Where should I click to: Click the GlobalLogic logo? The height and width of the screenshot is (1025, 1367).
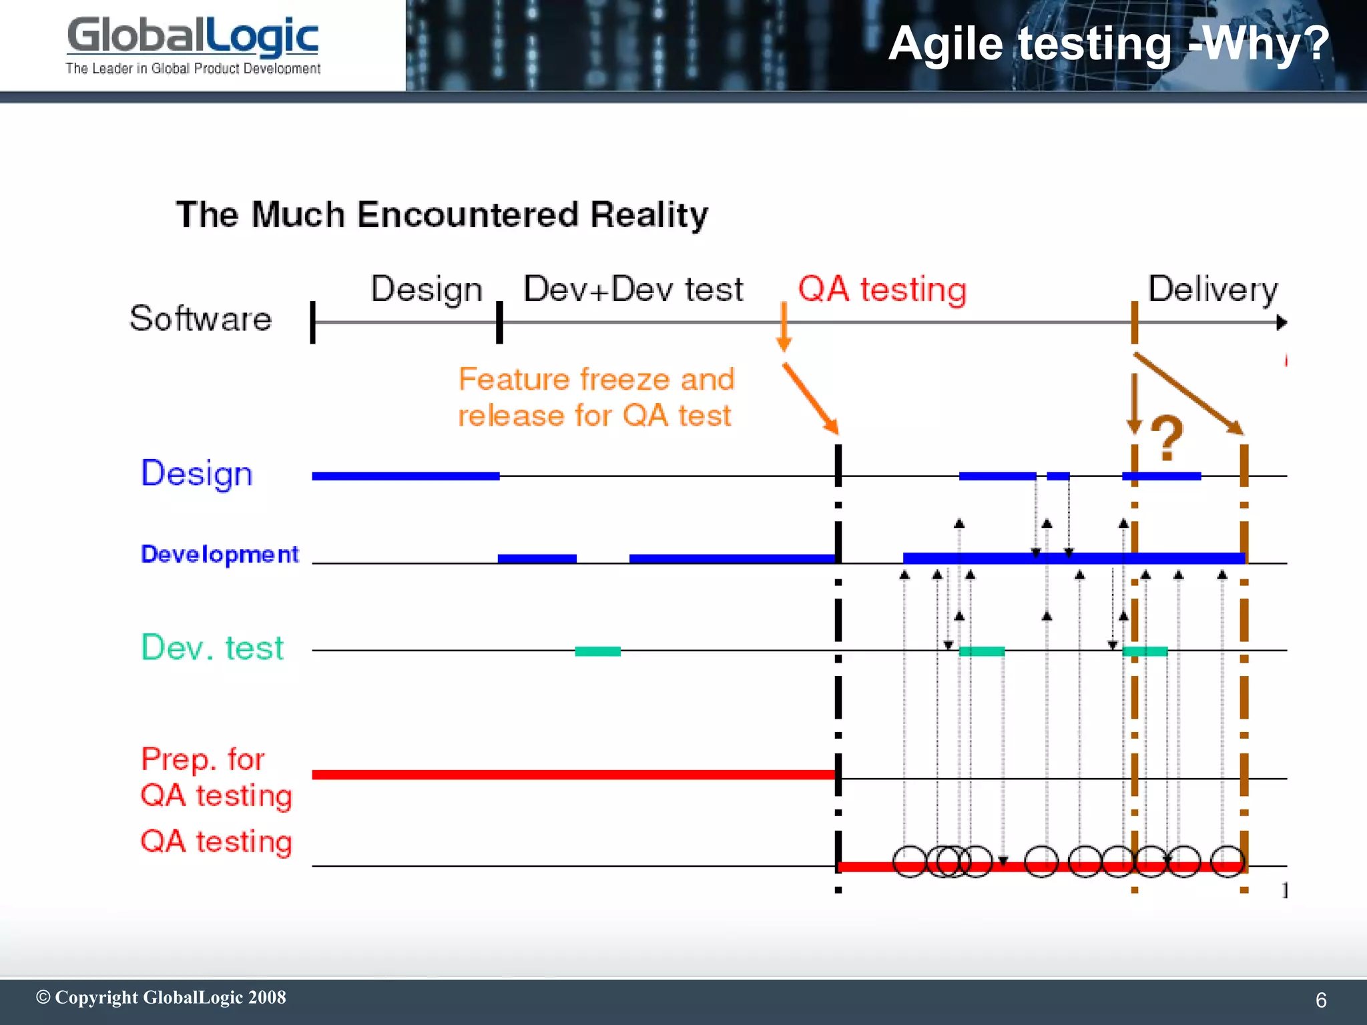click(x=192, y=37)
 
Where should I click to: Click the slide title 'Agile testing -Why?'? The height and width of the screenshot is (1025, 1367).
click(x=1108, y=44)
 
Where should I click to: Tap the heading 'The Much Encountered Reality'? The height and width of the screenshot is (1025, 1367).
click(x=442, y=215)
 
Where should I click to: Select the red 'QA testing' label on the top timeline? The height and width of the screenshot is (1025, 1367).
click(x=882, y=290)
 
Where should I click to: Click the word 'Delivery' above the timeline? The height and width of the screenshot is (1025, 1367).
click(x=1212, y=290)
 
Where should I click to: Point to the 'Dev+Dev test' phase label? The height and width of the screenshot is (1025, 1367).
click(x=633, y=290)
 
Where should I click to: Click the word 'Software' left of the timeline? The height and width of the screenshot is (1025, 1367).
click(x=200, y=318)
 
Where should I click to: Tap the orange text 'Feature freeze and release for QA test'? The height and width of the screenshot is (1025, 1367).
click(x=595, y=397)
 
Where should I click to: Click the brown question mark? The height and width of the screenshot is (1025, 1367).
click(x=1167, y=438)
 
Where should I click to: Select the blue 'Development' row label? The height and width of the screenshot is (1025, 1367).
click(x=220, y=554)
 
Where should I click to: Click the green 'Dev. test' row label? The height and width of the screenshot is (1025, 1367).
click(x=212, y=647)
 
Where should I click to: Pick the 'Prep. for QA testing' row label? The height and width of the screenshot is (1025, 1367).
click(x=216, y=777)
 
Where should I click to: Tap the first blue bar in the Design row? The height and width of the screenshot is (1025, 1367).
click(x=405, y=476)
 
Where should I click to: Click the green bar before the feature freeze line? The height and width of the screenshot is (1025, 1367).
click(x=597, y=651)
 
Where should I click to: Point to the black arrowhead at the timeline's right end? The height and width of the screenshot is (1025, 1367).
click(x=1281, y=323)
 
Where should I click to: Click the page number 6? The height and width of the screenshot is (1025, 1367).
click(x=1320, y=1000)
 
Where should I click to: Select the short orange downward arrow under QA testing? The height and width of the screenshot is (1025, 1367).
click(x=784, y=327)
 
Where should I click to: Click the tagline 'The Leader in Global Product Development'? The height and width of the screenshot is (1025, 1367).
click(x=193, y=68)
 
